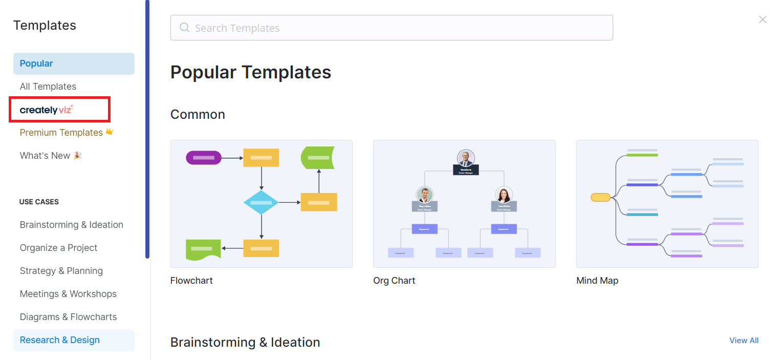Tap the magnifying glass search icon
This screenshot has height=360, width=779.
pos(185,28)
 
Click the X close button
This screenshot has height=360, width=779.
pos(763,19)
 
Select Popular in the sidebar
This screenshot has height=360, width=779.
pos(36,63)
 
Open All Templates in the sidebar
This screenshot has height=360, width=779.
pos(48,87)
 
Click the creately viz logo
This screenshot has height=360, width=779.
pos(47,110)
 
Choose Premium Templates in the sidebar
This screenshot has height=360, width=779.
pos(61,133)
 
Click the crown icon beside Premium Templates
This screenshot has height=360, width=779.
pos(109,132)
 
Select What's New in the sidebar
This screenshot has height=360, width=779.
pos(45,156)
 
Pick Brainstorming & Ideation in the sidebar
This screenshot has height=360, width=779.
pos(72,225)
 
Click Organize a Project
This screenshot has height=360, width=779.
pos(58,248)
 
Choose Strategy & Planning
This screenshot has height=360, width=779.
pos(61,271)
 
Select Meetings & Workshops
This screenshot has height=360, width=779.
pos(68,294)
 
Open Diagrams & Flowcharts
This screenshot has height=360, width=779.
pos(68,317)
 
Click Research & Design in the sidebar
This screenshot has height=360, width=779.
pos(60,340)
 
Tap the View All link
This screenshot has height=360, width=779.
pos(744,341)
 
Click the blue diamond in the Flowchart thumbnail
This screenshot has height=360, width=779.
pos(261,203)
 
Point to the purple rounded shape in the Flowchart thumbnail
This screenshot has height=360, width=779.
pos(204,158)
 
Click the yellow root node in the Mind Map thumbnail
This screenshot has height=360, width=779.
pos(600,197)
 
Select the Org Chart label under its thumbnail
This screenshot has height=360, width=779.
pos(394,281)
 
